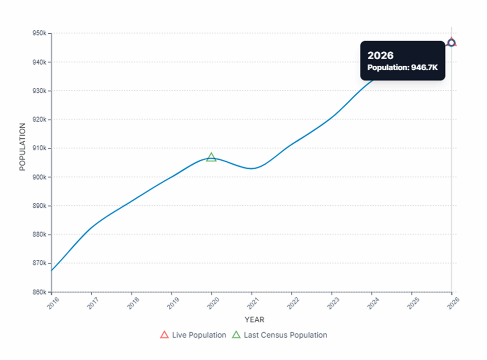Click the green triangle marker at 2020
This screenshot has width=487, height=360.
[211, 157]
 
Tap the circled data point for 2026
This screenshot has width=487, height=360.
[451, 43]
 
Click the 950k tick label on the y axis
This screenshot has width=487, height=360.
[39, 34]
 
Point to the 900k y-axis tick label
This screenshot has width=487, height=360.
[39, 177]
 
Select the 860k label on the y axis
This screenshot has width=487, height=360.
[39, 292]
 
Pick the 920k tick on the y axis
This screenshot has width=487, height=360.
[39, 120]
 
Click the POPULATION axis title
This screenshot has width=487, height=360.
[22, 147]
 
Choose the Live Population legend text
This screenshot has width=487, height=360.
[199, 335]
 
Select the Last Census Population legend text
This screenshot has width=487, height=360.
[285, 335]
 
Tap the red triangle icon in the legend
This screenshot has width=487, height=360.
[165, 335]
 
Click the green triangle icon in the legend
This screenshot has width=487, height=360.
[236, 335]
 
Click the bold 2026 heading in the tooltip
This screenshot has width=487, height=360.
[380, 56]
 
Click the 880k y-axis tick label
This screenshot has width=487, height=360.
[39, 234]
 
